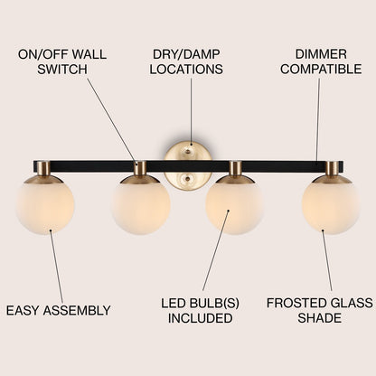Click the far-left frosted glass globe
45,205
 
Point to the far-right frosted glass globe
330,205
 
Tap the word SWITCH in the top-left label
62,70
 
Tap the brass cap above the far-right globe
332,170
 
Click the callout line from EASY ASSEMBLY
57,267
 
